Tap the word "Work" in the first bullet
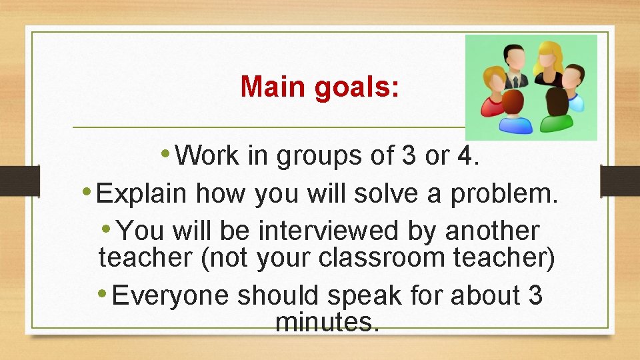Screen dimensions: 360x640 pos(209,155)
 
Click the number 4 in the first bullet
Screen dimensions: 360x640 pos(465,155)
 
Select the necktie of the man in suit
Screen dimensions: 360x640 pos(513,81)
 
